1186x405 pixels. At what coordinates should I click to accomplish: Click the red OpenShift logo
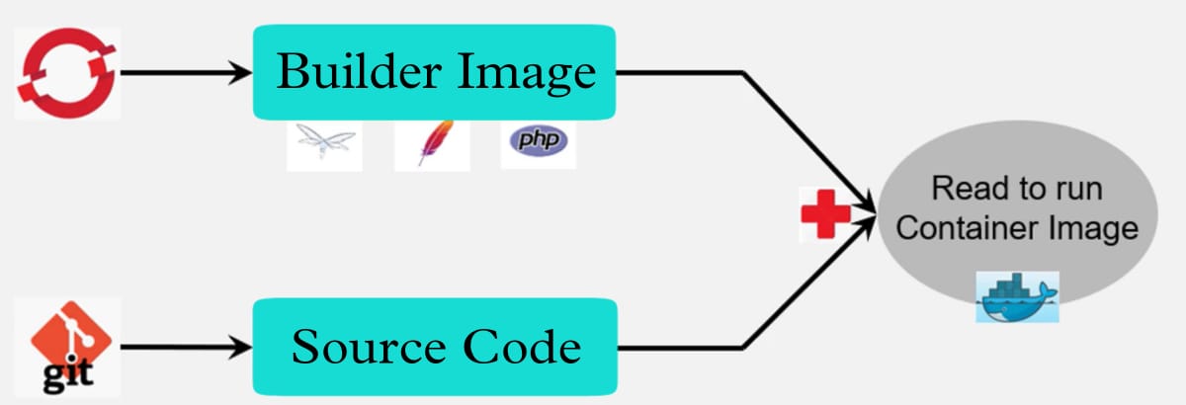coord(67,73)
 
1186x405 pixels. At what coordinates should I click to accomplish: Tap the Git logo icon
coord(69,348)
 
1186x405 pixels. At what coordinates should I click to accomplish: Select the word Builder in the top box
coord(360,71)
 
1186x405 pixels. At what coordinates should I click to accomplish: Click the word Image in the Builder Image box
coord(527,74)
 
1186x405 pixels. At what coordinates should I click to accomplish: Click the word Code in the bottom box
coord(522,347)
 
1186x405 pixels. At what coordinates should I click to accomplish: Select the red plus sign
coord(825,214)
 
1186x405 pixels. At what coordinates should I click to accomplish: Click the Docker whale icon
coord(1017,296)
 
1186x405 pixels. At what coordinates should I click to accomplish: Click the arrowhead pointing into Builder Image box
coord(240,72)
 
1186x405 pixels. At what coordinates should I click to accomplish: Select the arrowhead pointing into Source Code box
coord(240,348)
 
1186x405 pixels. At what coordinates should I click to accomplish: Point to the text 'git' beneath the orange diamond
coord(68,376)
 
